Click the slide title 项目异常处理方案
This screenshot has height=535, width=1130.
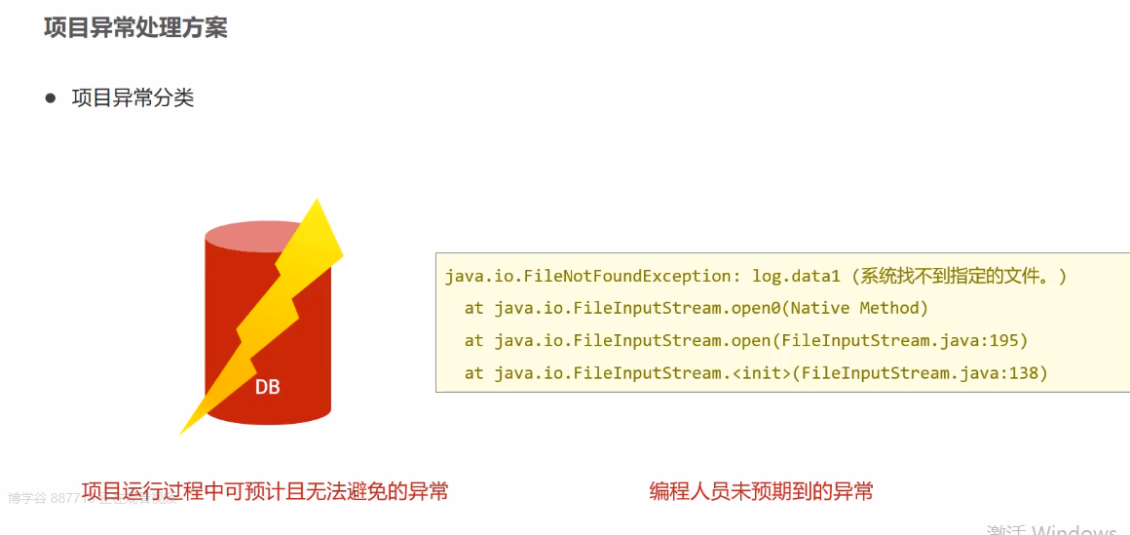pos(135,27)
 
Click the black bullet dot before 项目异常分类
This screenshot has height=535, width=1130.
pos(51,98)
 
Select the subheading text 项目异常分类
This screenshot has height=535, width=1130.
pos(132,98)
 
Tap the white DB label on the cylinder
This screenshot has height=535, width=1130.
pos(267,387)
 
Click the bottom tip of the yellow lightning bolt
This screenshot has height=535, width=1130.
pos(183,432)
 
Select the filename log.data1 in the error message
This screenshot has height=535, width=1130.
pos(790,276)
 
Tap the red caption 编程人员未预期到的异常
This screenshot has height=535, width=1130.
pos(761,491)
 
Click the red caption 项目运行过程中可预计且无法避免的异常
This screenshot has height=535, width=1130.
pos(265,491)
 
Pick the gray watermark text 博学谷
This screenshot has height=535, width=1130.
pos(27,498)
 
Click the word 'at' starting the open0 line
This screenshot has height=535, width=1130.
pos(473,308)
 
